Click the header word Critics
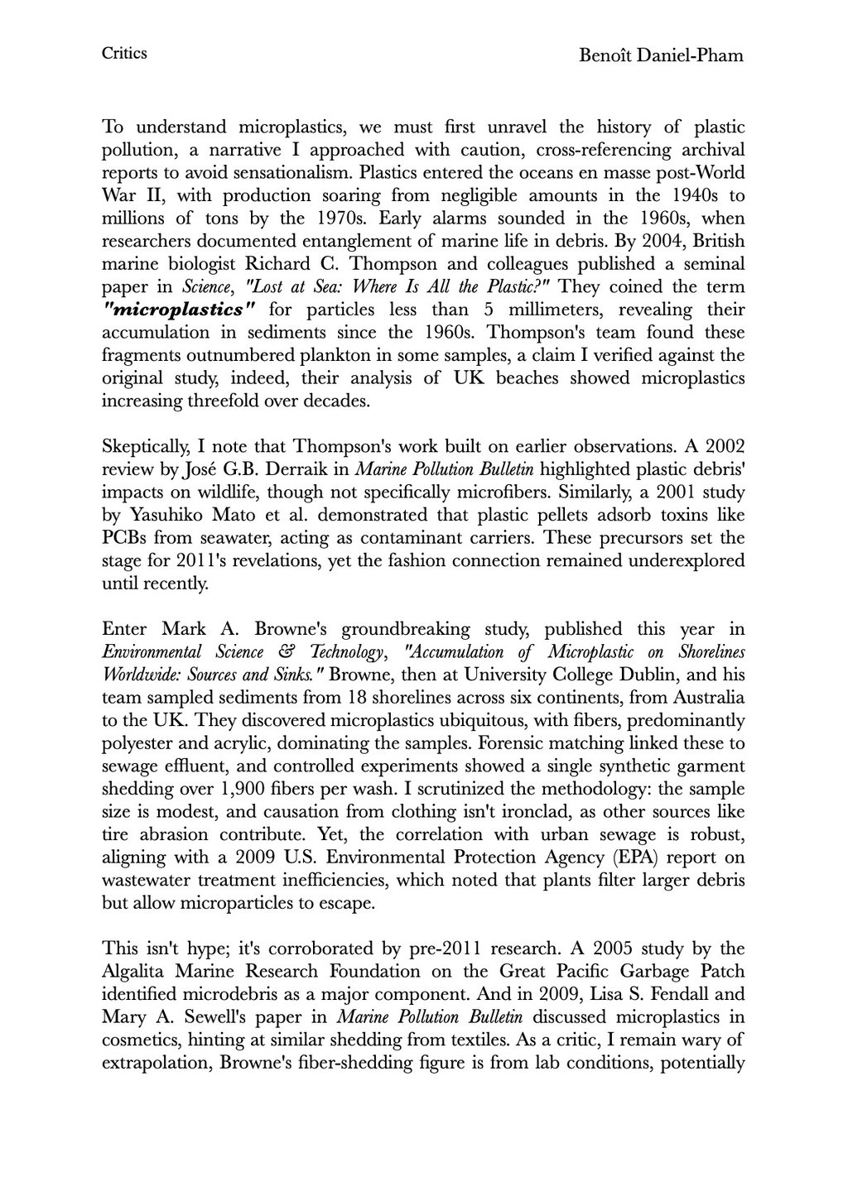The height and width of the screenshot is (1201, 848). pyautogui.click(x=124, y=54)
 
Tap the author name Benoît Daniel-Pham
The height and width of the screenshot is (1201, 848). pyautogui.click(x=661, y=55)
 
